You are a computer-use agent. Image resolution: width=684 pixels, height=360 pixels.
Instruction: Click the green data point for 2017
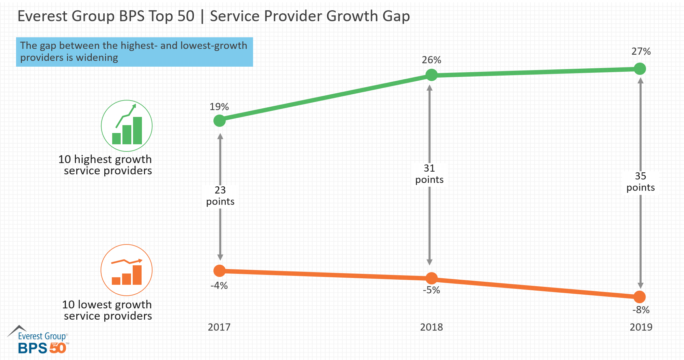[x=220, y=120]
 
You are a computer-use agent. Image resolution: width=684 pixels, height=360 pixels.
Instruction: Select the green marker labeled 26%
[x=432, y=75]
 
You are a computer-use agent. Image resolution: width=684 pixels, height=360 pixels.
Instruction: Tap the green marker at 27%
[x=640, y=69]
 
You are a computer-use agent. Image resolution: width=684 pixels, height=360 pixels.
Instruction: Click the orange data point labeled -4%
[x=220, y=271]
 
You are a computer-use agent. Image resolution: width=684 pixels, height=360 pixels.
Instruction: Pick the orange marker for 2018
[x=432, y=278]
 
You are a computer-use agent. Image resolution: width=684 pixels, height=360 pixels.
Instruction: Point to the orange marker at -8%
[x=640, y=297]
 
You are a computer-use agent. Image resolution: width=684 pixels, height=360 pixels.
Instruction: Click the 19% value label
[x=219, y=107]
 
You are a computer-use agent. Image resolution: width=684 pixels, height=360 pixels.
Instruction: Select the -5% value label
[x=432, y=290]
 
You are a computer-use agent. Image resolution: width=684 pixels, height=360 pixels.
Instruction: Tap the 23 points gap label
[x=220, y=196]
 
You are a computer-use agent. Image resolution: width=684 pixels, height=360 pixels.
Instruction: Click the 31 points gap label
[x=429, y=174]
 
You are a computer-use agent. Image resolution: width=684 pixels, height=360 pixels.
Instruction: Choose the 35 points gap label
[x=641, y=182]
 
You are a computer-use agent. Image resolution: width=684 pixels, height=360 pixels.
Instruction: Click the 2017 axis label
[x=219, y=327]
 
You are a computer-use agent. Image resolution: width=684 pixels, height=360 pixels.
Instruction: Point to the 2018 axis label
[x=432, y=327]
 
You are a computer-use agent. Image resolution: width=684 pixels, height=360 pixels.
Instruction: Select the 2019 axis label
[x=641, y=327]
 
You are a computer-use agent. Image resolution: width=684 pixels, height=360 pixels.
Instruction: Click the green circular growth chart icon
[x=127, y=126]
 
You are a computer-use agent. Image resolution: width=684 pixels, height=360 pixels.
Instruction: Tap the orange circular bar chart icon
[x=127, y=270]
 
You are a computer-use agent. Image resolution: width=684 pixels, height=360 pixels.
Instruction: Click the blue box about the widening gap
[x=134, y=52]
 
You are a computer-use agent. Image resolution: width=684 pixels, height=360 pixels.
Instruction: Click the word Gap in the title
[x=396, y=16]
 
